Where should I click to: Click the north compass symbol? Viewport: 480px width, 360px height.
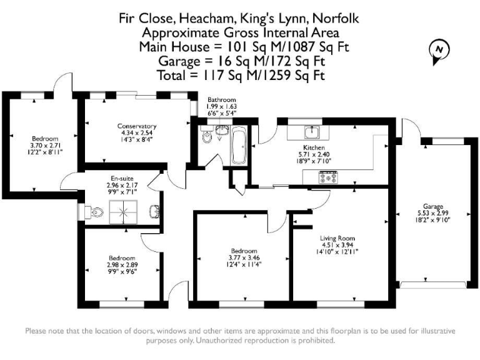click(x=439, y=50)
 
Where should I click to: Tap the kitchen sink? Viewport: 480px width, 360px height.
click(x=311, y=132)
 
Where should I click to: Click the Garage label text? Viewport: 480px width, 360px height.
click(x=432, y=206)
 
